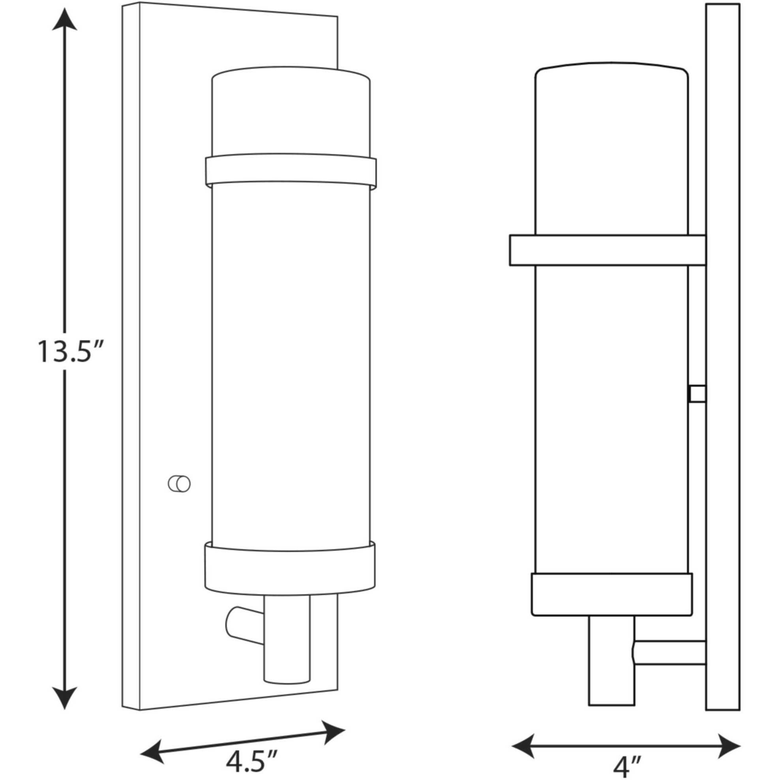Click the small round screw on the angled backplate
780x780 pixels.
(179, 483)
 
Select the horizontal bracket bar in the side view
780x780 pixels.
(607, 250)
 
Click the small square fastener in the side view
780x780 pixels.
(697, 394)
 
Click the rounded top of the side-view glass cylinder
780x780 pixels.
(612, 67)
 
